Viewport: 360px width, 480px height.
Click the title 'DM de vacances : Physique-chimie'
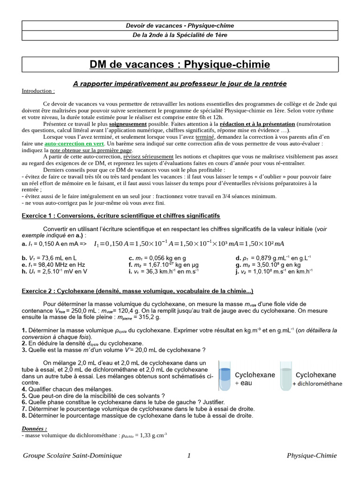pos(180,64)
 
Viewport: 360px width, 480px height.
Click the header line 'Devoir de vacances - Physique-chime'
pos(180,25)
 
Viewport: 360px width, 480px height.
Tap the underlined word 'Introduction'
pos(38,91)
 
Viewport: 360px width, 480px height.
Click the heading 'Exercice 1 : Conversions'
pos(121,216)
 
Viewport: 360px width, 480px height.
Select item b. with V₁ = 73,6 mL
pos(49,258)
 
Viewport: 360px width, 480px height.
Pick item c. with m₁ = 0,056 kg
pos(157,258)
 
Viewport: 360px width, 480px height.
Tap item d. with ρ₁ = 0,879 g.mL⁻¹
pos(273,258)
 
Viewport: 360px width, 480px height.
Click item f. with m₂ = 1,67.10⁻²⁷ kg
pos(160,264)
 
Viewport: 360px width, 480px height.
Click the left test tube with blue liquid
pos(225,375)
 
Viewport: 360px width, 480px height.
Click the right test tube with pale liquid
pos(285,375)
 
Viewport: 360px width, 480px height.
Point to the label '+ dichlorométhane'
pos(317,383)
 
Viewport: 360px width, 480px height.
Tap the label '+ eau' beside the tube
pos(243,383)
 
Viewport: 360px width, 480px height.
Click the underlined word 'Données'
pos(34,428)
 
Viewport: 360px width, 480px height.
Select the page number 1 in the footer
pos(188,455)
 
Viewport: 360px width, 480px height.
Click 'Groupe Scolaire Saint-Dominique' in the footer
pos(72,455)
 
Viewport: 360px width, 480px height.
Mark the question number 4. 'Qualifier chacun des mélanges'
pos(24,389)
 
